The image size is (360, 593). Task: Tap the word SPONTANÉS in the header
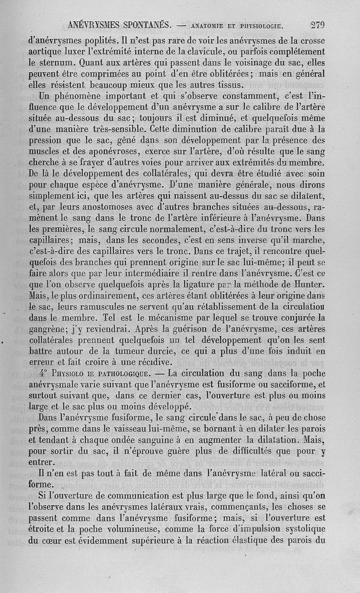(x=136, y=25)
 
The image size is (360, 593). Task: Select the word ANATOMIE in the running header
(x=212, y=26)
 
